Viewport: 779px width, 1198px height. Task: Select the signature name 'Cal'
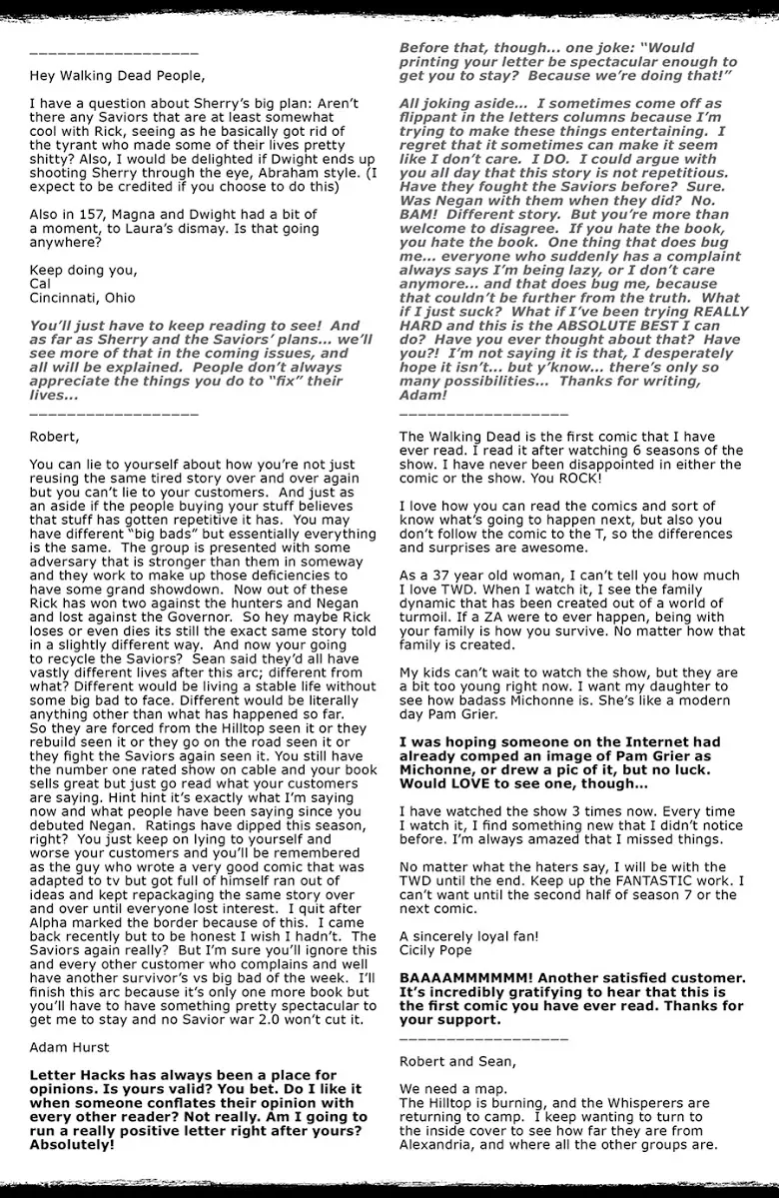40,283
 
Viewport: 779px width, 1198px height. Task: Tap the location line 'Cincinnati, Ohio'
82,297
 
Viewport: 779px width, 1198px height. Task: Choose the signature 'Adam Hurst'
69,1046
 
